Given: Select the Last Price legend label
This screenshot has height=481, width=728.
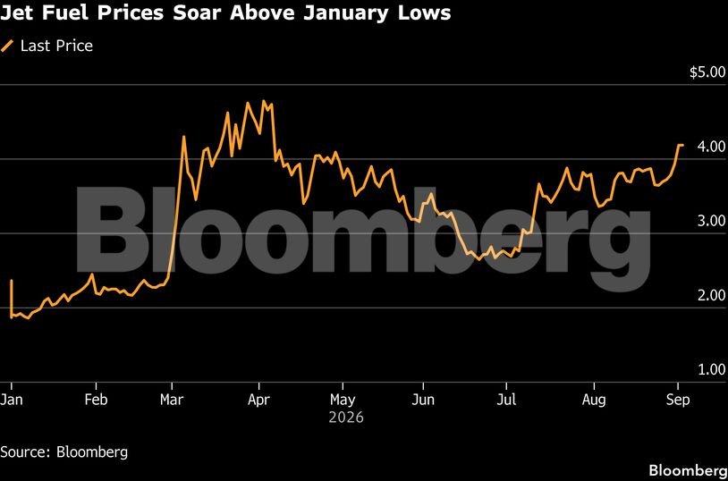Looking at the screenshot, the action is point(56,46).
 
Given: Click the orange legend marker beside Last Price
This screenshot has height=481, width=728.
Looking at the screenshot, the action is point(7,46).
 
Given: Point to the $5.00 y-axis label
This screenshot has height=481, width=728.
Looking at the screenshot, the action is point(707,73).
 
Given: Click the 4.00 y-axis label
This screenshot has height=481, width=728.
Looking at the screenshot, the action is point(711,147).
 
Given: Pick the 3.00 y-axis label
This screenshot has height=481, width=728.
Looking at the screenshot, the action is point(711,221).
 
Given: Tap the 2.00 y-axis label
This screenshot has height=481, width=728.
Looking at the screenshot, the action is point(711,295).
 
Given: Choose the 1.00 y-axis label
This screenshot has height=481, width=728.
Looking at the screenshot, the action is point(711,369).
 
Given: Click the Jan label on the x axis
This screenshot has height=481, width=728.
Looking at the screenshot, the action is point(11,400).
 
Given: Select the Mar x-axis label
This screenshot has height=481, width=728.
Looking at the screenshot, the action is point(172,400).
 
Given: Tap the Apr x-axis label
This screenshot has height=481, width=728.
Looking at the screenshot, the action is point(258,401).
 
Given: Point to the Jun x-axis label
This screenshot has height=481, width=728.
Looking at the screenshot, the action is point(423,400).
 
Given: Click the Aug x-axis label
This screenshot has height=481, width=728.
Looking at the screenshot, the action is point(594,401).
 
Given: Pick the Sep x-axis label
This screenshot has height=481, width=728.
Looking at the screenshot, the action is point(678,401).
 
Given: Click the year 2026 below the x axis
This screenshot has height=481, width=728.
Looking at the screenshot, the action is point(346,418).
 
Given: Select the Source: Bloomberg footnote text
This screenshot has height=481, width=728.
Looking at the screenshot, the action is point(64,452).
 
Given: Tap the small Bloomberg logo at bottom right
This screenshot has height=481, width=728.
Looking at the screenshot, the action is point(688,470).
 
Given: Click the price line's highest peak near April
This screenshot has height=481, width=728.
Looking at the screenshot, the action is point(263,101).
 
